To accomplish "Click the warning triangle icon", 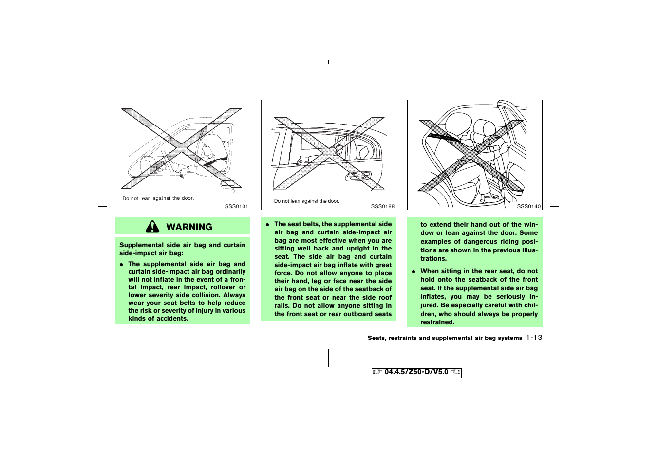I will (x=152, y=227).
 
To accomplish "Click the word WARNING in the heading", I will (x=189, y=227).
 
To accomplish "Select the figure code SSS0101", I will (x=236, y=206).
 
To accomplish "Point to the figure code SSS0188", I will (x=382, y=206).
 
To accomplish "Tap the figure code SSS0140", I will (x=528, y=206).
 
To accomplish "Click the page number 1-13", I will (x=534, y=338).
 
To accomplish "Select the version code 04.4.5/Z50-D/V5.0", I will (x=416, y=372).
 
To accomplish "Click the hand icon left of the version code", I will (x=377, y=372).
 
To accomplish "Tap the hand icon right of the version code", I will (x=455, y=372).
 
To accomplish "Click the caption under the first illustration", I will (x=158, y=198).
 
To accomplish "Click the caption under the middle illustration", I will (x=306, y=201).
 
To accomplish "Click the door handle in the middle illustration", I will (x=358, y=175).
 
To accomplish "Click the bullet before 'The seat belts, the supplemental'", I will (x=267, y=224).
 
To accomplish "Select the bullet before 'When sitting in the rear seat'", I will (x=414, y=271).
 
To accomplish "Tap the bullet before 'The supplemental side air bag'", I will (x=121, y=264).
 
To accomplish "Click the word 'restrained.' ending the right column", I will (x=437, y=322).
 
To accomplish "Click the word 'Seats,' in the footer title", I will (x=376, y=338).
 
